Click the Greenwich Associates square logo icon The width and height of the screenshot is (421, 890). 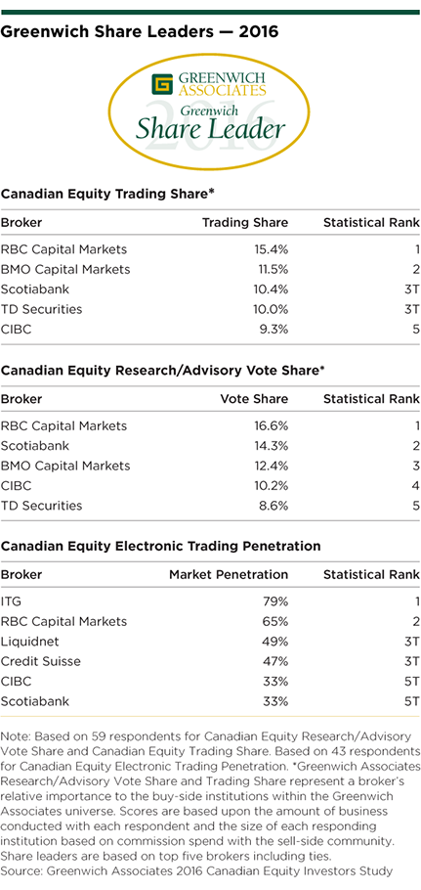(x=162, y=83)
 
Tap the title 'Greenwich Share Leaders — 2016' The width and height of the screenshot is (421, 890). (x=140, y=32)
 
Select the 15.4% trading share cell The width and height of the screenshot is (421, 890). (x=271, y=249)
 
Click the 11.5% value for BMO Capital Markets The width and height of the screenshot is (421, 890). (x=271, y=269)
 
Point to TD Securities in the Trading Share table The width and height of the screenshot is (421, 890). (x=41, y=309)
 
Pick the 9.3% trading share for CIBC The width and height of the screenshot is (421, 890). (x=274, y=329)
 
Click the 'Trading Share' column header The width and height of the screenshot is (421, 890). (x=245, y=223)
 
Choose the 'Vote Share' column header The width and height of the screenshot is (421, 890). (x=254, y=399)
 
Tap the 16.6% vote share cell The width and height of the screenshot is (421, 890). (x=271, y=425)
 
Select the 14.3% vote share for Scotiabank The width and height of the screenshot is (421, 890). (x=271, y=446)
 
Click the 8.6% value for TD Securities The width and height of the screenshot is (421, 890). (x=274, y=506)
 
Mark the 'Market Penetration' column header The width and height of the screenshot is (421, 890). (x=229, y=574)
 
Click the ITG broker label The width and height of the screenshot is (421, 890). (x=11, y=601)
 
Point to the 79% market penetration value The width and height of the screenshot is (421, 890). (x=276, y=601)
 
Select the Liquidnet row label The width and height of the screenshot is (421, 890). (x=29, y=642)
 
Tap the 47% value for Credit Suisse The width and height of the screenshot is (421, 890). (x=276, y=661)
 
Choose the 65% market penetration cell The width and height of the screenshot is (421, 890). (x=276, y=621)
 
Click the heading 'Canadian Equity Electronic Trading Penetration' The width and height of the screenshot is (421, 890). (x=161, y=546)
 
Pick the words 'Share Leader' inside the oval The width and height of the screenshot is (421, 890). (x=210, y=129)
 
